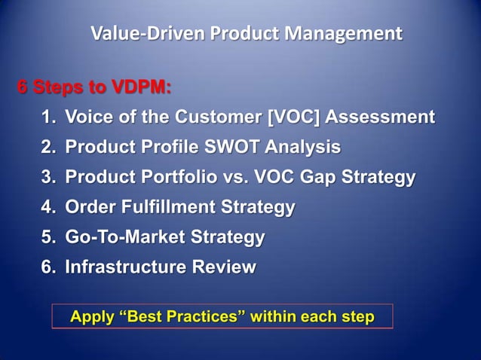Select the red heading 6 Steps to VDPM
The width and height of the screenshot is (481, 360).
(x=94, y=88)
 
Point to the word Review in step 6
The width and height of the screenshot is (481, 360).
(x=225, y=267)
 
